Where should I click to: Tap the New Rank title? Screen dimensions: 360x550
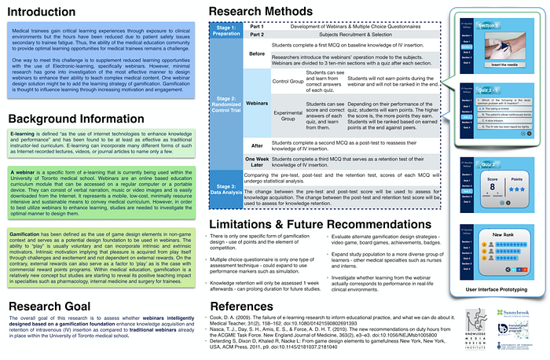[x=492, y=235]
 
